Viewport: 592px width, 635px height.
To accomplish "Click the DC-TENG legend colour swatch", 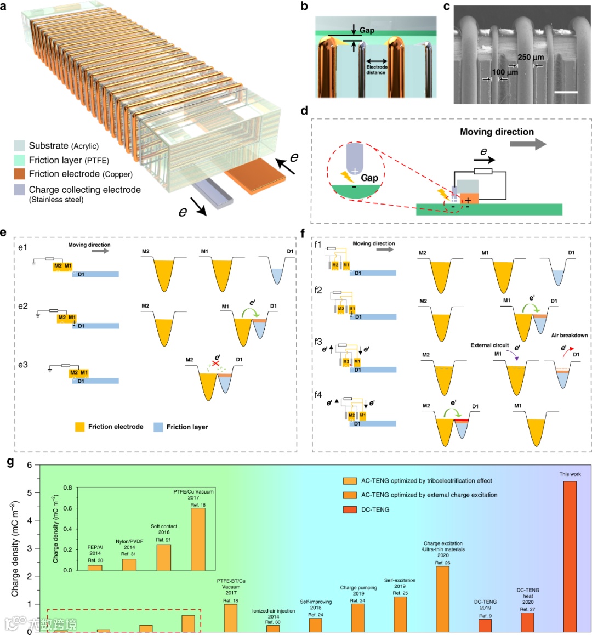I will click(350, 509).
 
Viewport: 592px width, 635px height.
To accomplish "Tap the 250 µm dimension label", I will click(531, 57).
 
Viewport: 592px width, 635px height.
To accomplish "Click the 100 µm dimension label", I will click(504, 72).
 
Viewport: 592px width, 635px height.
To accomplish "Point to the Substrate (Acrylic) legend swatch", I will click(20, 146).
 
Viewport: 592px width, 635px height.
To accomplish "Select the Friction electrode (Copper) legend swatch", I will click(20, 174).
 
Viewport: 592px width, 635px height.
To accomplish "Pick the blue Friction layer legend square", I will click(158, 427).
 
